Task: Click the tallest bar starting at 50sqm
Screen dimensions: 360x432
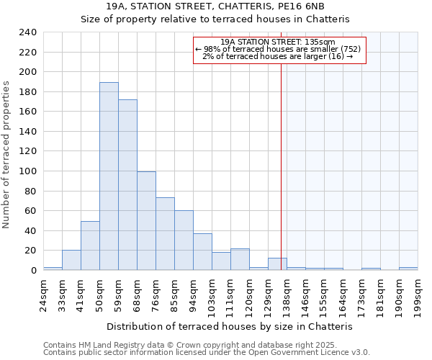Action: (x=109, y=176)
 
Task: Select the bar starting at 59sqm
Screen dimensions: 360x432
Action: (x=127, y=185)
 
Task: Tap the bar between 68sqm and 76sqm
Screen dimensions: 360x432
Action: (x=146, y=221)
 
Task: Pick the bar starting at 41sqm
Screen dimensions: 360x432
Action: (x=90, y=246)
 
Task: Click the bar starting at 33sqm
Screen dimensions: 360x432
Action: (x=71, y=260)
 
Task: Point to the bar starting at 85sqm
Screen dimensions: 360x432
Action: (x=184, y=240)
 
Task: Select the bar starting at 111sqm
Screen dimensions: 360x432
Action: (x=240, y=259)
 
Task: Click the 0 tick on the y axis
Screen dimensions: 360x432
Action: (x=33, y=271)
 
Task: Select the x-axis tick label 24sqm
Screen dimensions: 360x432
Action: (x=43, y=291)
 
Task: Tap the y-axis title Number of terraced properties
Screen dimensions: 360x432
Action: (x=7, y=155)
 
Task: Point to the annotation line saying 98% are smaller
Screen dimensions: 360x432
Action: (x=278, y=49)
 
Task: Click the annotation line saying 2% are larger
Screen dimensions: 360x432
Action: (x=278, y=56)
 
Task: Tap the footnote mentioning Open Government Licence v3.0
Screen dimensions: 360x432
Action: (x=207, y=353)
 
